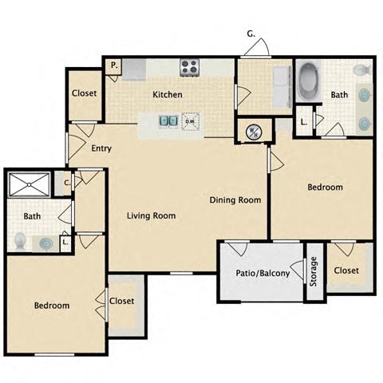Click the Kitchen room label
pos(168,95)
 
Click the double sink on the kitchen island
pos(168,122)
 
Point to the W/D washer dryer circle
pos(252,130)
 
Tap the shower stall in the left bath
pos(28,185)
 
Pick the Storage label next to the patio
pos(314,270)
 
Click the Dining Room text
pos(235,200)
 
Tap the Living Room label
pos(152,215)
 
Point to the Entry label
pos(101,148)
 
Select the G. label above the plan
pos(251,34)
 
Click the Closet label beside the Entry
pos(85,93)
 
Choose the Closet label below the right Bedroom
pos(346,270)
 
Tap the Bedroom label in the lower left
pos(51,306)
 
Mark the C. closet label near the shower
pos(67,183)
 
